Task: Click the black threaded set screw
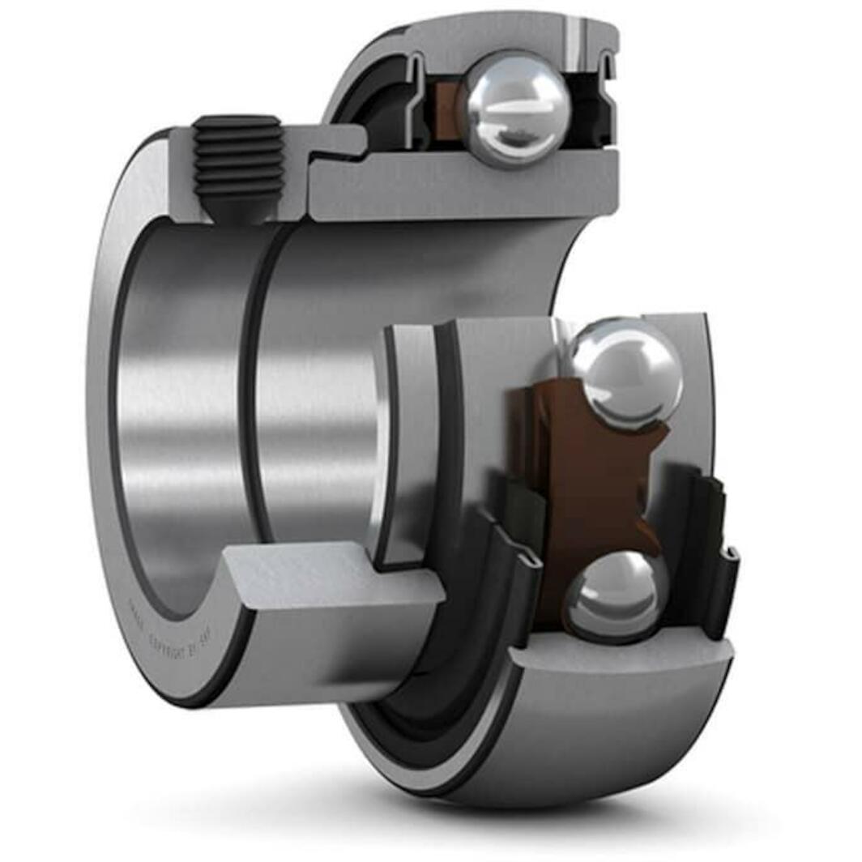tap(238, 158)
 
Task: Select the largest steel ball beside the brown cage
tap(625, 372)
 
